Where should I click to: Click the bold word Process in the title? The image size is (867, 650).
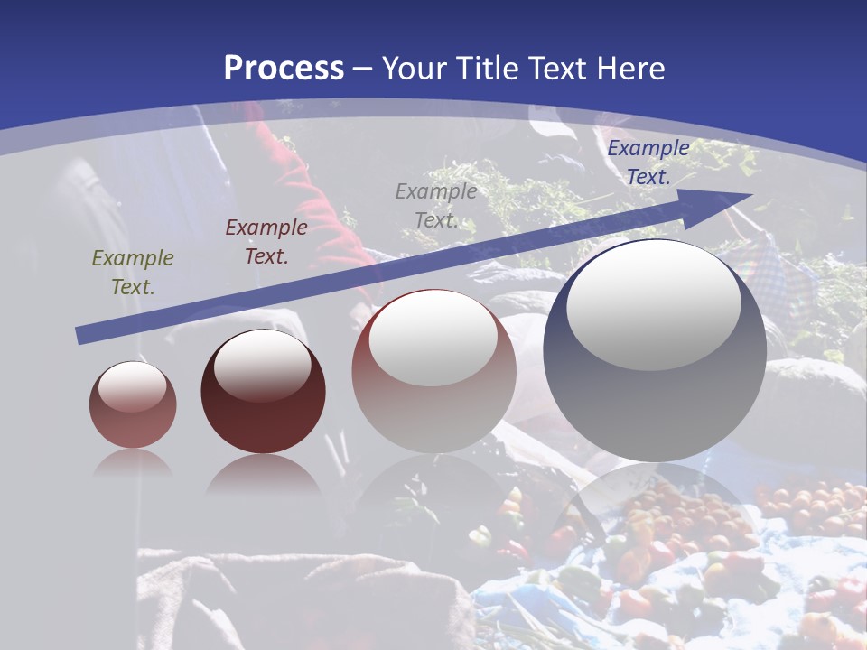pos(284,69)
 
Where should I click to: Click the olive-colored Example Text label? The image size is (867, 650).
pos(133,273)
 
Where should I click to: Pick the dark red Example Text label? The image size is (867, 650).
pos(266,242)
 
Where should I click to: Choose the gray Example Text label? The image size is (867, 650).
pos(436,206)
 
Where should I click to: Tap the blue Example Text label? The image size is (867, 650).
pos(648,162)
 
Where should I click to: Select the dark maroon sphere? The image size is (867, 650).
pos(263,392)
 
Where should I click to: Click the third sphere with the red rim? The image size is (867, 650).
pos(433,371)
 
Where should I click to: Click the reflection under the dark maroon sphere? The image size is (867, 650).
pos(263,474)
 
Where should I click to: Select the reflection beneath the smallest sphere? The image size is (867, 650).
pos(133,462)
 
